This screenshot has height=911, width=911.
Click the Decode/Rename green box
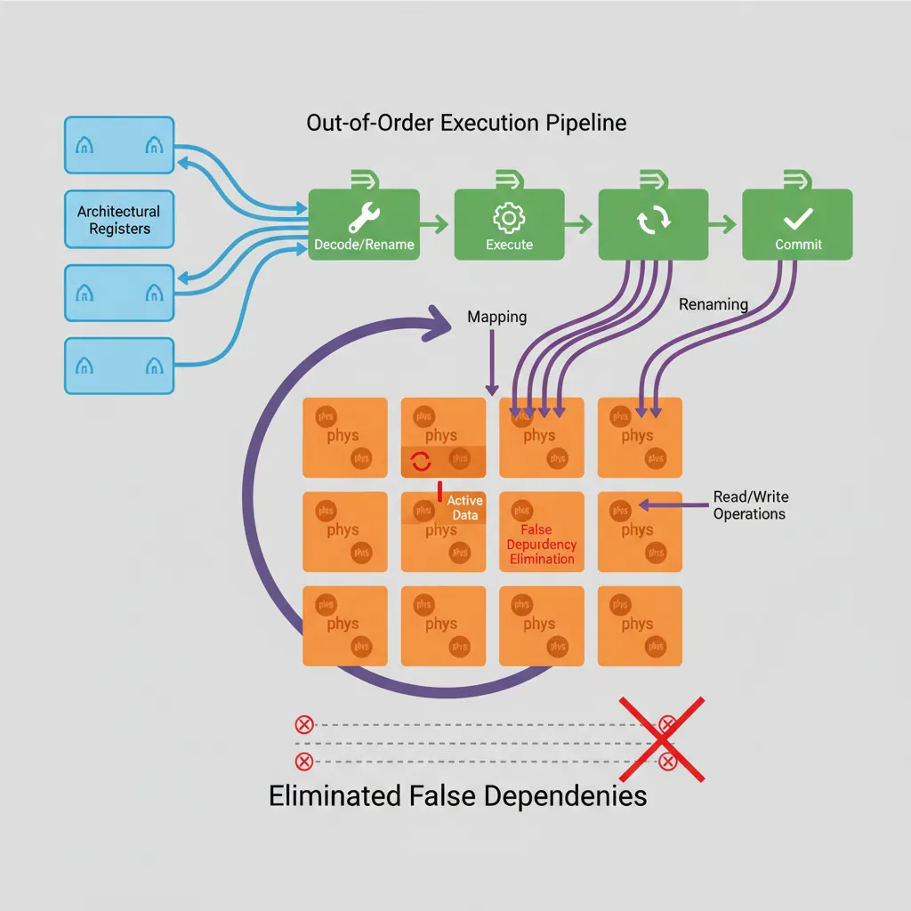(364, 224)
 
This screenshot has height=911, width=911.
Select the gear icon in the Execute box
(509, 218)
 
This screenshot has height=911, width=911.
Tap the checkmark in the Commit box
(798, 217)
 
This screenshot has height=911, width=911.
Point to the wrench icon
(364, 215)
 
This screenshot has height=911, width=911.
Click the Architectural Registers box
(119, 220)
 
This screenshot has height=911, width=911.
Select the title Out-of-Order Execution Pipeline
(466, 123)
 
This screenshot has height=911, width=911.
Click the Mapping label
(496, 317)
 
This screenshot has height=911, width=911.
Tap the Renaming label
(713, 304)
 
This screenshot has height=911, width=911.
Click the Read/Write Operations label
(749, 505)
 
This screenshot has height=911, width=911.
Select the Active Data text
(464, 508)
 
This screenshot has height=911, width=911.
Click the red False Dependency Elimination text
(541, 544)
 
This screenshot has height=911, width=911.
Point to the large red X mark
(662, 738)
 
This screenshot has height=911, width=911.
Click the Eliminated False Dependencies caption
(457, 794)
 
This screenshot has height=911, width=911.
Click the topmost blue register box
(119, 145)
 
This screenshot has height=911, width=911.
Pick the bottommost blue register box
(119, 365)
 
